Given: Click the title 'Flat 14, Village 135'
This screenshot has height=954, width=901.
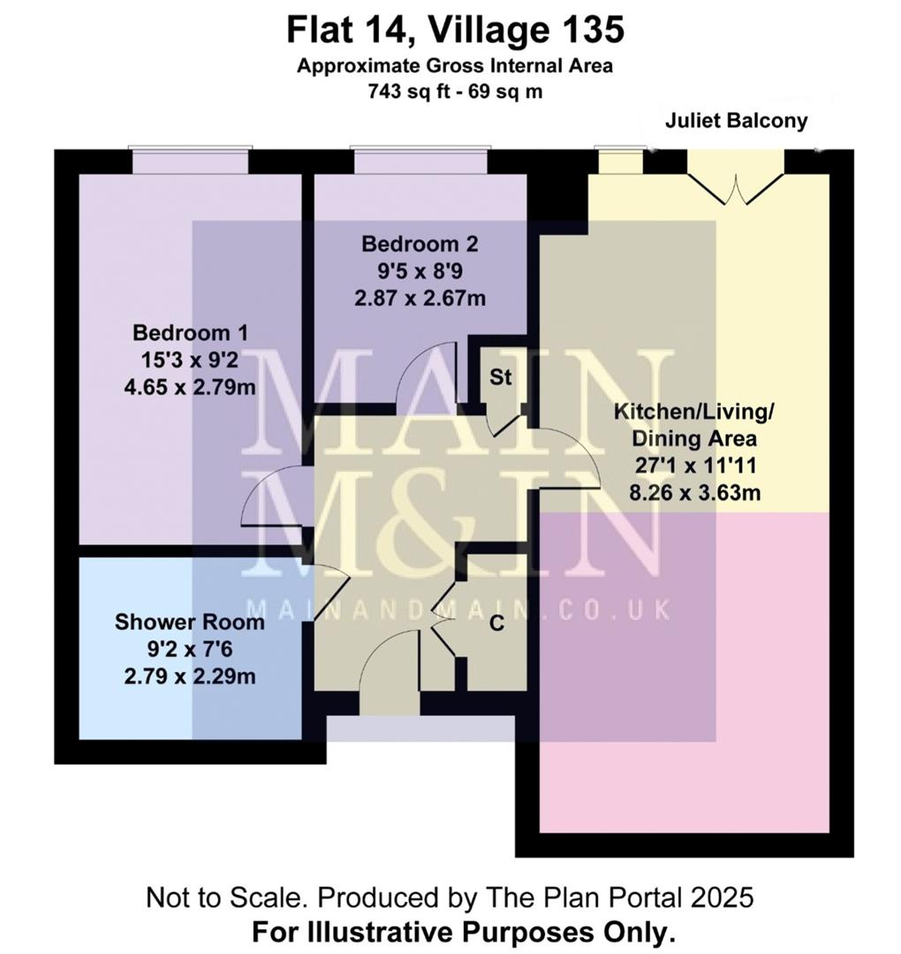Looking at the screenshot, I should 455,31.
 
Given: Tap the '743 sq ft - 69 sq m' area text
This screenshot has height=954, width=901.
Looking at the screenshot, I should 455,91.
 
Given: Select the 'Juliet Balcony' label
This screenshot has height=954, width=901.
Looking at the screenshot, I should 736,121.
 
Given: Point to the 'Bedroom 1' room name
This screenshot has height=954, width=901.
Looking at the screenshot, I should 190,333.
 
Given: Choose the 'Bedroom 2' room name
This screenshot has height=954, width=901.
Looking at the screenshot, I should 420,243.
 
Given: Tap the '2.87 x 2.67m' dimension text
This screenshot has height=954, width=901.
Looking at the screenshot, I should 420,298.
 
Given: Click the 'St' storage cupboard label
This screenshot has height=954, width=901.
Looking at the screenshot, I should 501,378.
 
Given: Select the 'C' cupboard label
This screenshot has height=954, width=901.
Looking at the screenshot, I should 496,624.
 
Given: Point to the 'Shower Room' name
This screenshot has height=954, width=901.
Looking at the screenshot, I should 189,622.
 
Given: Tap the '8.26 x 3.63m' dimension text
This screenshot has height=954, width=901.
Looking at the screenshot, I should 693,492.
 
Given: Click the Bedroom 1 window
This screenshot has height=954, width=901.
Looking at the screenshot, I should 190,161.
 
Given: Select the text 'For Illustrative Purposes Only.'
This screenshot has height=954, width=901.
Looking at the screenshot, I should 464,931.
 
